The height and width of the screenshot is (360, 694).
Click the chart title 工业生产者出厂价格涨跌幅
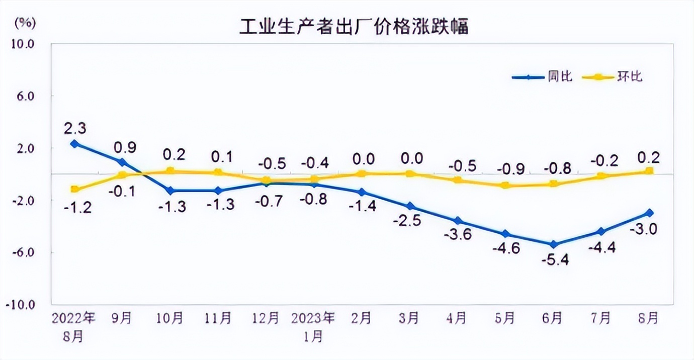point(354,26)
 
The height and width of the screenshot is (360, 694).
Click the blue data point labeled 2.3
point(74,144)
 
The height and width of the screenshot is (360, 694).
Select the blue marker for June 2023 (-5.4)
point(553,244)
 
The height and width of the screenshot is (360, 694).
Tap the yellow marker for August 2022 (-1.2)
point(74,190)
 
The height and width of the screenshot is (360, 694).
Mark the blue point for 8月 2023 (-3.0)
point(649,213)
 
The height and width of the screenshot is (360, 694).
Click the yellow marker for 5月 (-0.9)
point(505,186)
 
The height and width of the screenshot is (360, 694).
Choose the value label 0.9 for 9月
point(122,147)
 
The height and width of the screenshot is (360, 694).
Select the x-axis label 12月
point(266,318)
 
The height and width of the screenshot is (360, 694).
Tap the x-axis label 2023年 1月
point(313,326)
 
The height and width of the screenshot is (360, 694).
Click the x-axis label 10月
point(170,318)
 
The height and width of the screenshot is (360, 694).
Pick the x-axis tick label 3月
point(409,318)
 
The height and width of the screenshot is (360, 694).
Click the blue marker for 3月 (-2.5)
point(410,206)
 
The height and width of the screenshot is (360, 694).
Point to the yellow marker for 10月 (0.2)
point(170,171)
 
